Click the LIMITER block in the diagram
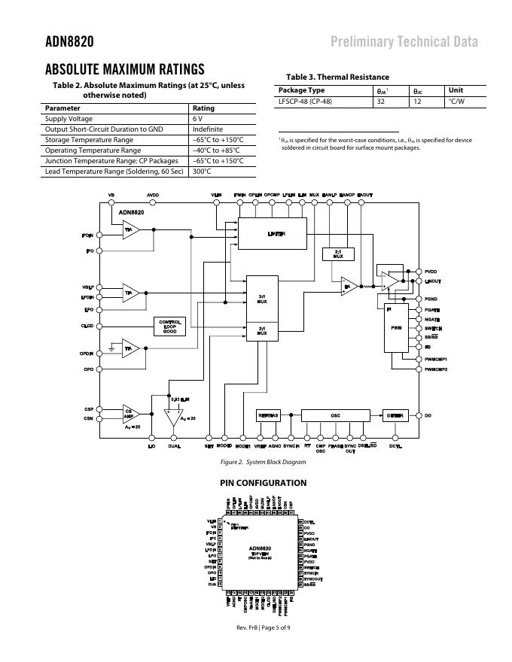tap(273, 234)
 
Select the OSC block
tap(335, 415)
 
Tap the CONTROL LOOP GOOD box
tap(169, 326)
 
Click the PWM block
tap(396, 329)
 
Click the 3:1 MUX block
tap(262, 299)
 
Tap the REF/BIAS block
tap(267, 415)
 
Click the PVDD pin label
tap(431, 271)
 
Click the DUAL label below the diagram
tap(175, 446)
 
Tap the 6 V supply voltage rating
tap(197, 119)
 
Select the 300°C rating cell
tap(201, 172)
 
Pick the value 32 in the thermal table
tap(381, 101)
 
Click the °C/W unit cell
tap(456, 101)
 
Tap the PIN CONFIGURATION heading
tap(263, 483)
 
